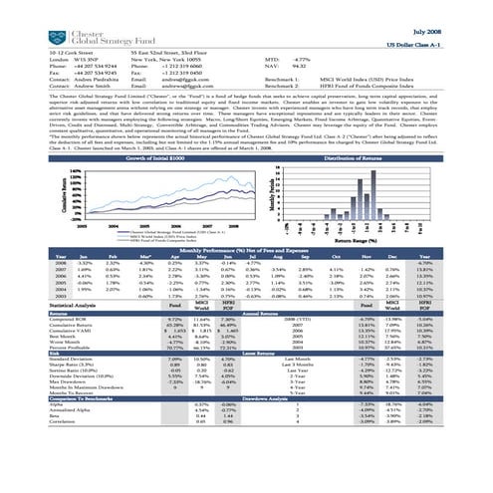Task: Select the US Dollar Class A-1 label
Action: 448,46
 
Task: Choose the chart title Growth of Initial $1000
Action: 128,158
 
